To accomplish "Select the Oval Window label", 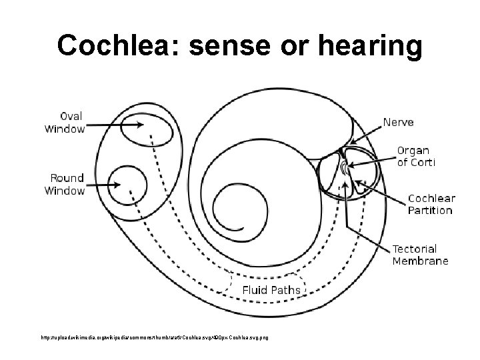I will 65,123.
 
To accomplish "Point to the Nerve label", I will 397,122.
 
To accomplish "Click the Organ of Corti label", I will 416,156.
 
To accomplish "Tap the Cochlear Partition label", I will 431,204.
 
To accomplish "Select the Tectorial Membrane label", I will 420,254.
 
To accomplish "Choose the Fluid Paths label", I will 271,290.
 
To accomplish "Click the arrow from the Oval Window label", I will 113,125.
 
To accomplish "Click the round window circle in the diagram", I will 127,182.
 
